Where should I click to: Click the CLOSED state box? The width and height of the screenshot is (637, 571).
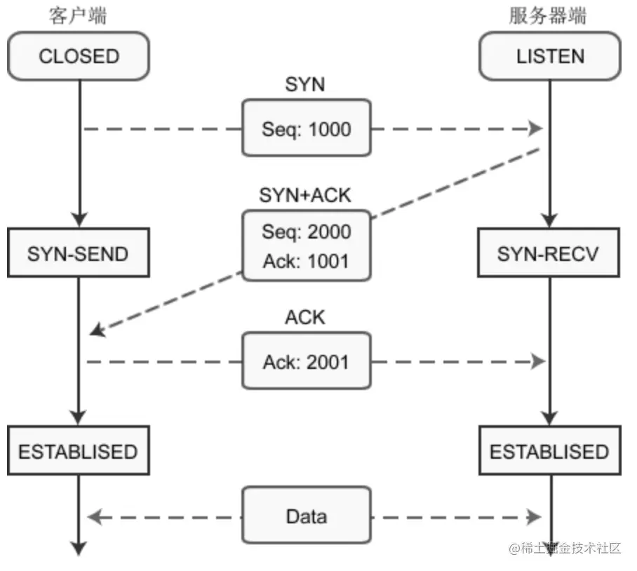(79, 56)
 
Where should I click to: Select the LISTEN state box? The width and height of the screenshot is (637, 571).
(550, 56)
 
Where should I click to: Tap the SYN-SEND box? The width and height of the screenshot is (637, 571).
(79, 253)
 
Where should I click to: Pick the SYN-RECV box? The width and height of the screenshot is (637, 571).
(549, 253)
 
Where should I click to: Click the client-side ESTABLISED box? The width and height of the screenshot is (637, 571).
(79, 450)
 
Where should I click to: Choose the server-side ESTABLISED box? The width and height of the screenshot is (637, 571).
(550, 450)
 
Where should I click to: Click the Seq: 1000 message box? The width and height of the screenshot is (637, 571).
(307, 128)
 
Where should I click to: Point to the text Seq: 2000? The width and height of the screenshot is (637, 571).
(307, 232)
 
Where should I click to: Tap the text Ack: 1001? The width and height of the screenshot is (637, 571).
(306, 261)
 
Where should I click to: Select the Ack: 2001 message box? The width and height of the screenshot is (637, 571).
(307, 361)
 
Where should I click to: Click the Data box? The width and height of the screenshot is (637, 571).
(307, 515)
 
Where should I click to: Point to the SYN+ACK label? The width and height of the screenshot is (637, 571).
(305, 195)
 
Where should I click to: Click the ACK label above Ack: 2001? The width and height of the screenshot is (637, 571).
(305, 317)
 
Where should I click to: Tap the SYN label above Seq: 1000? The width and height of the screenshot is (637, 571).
(305, 84)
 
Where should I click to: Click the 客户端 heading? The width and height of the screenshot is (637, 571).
(78, 16)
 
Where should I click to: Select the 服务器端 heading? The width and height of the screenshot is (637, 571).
(548, 16)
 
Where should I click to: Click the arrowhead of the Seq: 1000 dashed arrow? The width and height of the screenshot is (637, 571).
(535, 128)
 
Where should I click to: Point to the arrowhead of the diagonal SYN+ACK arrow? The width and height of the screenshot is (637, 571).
(98, 330)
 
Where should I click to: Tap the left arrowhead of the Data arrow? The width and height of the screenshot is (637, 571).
(94, 517)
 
